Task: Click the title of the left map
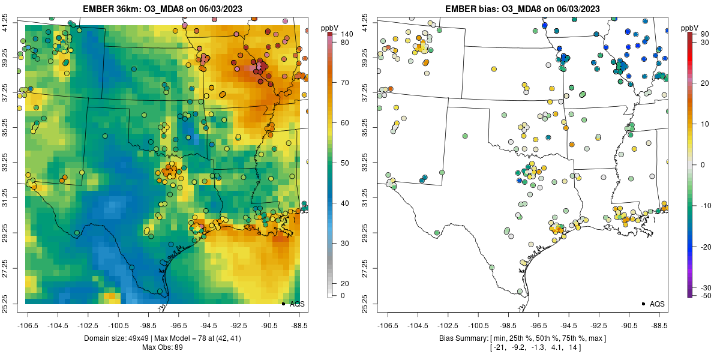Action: (x=161, y=9)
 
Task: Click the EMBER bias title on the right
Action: (x=521, y=9)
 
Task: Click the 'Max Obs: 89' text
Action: (x=161, y=347)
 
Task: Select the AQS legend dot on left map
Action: (x=283, y=304)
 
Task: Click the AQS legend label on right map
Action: (x=657, y=304)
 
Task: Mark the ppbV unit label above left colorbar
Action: (x=329, y=28)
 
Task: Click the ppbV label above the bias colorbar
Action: (x=689, y=28)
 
